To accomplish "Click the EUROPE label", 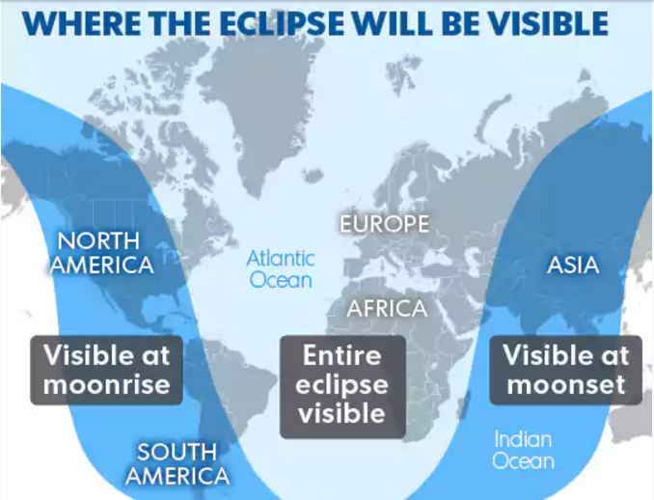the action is tap(384, 224).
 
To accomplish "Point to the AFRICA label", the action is tap(388, 309).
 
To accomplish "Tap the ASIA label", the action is tap(573, 265).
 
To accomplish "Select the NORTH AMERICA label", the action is tap(102, 253).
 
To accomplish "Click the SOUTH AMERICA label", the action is tap(177, 463).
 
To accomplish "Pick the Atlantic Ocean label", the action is tap(281, 269).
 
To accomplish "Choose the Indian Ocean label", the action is tap(523, 450).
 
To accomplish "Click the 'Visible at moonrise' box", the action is tap(107, 370).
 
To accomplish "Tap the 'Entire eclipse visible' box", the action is tap(342, 386).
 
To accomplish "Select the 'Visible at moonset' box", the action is tap(565, 370).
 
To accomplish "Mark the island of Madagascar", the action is tap(463, 404).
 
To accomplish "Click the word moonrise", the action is tap(107, 385).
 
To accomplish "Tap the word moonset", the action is tap(566, 385).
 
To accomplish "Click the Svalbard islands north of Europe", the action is tap(402, 73).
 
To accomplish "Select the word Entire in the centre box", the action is tap(342, 355).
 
